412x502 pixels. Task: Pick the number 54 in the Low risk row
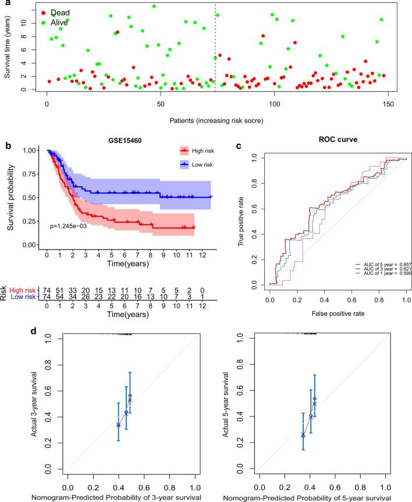pyautogui.click(x=61, y=297)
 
